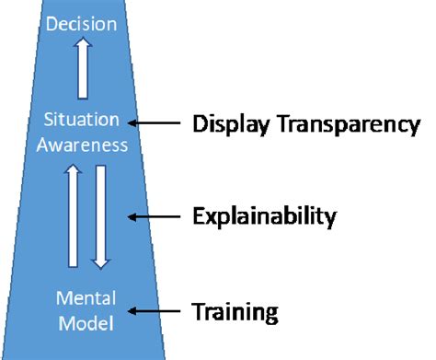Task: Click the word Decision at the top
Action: (84, 22)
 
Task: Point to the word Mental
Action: (85, 300)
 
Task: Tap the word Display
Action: (226, 123)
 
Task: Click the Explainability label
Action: (264, 217)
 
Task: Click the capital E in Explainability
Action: (198, 217)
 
